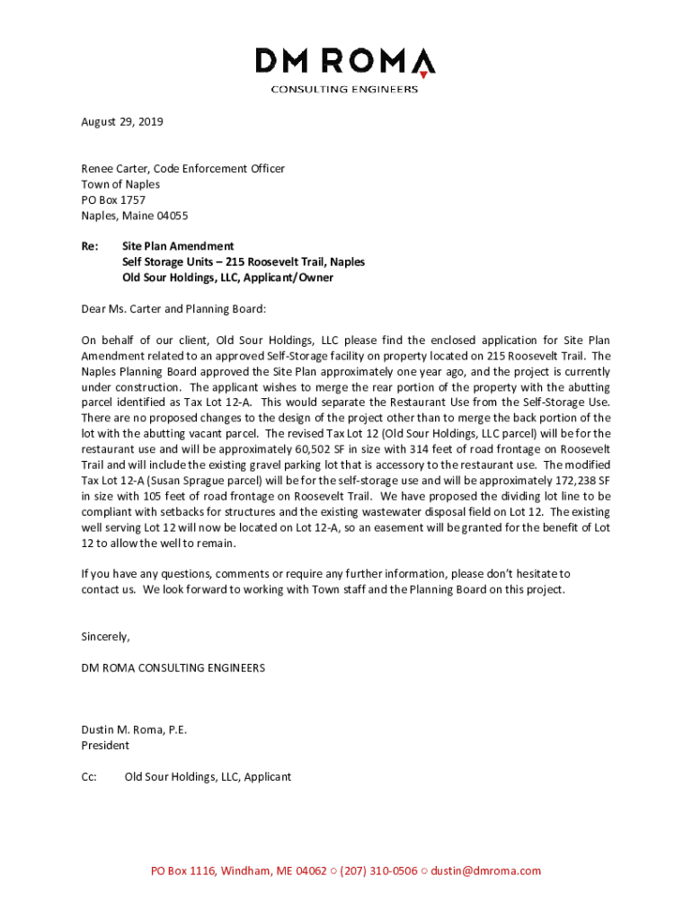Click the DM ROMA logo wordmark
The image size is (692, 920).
coord(345,62)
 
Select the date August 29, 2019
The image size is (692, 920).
coord(122,121)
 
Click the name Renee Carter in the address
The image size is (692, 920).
coord(115,169)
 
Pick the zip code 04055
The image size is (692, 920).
coord(170,216)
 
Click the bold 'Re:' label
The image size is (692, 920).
coord(90,246)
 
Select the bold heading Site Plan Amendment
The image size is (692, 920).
coord(178,246)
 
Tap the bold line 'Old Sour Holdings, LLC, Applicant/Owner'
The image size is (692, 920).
coord(227,278)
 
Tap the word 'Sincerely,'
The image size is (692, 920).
coord(105,637)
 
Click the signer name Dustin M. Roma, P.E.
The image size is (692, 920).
coord(134,730)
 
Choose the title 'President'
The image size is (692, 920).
coord(105,745)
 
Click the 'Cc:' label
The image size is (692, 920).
coord(89,776)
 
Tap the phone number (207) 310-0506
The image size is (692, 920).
coord(378,871)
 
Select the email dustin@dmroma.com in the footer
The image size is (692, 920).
coord(486,871)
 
